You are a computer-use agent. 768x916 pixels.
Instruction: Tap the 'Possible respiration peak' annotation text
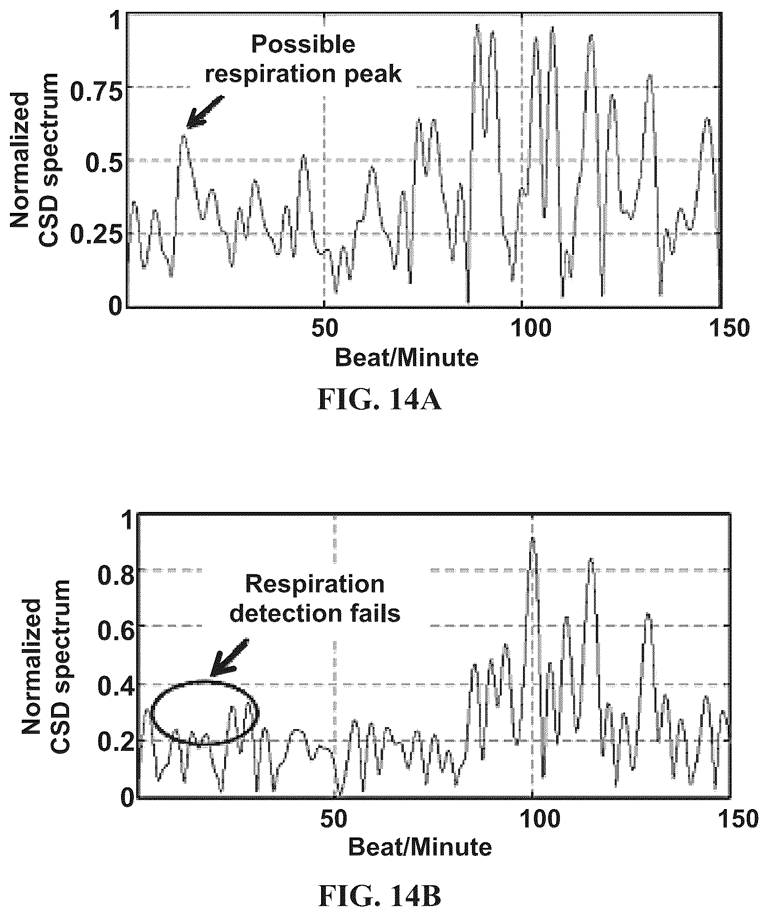(x=304, y=60)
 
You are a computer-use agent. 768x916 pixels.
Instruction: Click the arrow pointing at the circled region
(x=229, y=658)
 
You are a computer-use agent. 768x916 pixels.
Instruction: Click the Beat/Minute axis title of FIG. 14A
(x=407, y=358)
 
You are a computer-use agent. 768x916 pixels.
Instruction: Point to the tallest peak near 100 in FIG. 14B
(x=533, y=538)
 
